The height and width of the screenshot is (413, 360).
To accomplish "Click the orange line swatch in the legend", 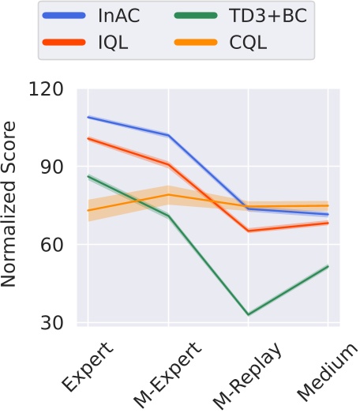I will [x=190, y=43].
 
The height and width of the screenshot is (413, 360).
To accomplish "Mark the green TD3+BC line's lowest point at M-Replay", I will [x=249, y=314].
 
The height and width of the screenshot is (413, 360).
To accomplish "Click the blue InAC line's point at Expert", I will [x=88, y=117].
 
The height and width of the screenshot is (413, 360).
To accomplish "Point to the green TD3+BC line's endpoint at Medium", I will [x=328, y=266].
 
